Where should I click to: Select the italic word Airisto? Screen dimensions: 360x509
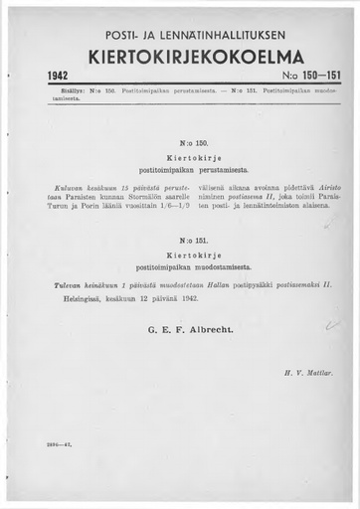[x=317, y=187]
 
